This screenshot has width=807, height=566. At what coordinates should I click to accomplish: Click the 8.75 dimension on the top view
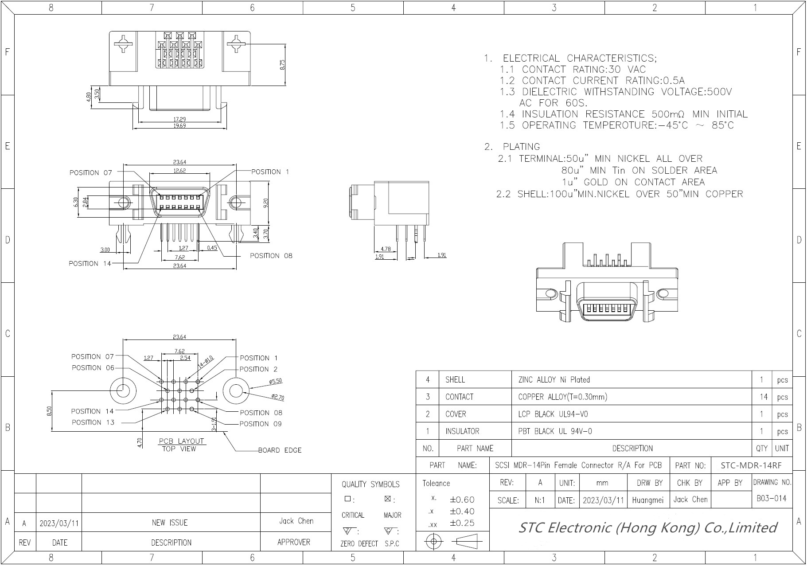[x=282, y=65]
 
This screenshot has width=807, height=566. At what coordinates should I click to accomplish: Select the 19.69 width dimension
[x=179, y=126]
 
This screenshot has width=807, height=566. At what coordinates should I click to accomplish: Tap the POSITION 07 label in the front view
[x=90, y=173]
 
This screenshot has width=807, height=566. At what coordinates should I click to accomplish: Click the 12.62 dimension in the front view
[x=179, y=171]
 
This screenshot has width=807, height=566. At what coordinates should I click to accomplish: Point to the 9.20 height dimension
[x=266, y=203]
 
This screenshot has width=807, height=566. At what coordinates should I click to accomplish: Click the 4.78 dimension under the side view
[x=386, y=249]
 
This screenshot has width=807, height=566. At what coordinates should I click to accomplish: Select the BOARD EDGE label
[x=280, y=450]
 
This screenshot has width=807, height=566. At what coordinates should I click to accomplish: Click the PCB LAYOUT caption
[x=181, y=441]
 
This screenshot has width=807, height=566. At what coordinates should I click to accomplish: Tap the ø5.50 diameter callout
[x=275, y=381]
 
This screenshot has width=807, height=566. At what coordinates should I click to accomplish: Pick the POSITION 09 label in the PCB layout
[x=261, y=424]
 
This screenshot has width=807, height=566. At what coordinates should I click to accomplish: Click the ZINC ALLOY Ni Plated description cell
[x=554, y=380]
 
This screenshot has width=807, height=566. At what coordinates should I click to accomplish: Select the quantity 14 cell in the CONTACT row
[x=763, y=397]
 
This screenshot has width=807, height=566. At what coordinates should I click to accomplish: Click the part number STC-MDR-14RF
[x=751, y=465]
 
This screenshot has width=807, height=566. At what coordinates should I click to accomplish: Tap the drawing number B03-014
[x=771, y=498]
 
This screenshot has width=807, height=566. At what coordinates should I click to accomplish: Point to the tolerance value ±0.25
[x=462, y=523]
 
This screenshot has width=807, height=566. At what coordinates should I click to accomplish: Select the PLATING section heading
[x=521, y=147]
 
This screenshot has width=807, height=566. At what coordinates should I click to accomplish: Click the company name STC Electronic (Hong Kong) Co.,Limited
[x=647, y=527]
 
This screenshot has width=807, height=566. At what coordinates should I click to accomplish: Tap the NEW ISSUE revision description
[x=170, y=523]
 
